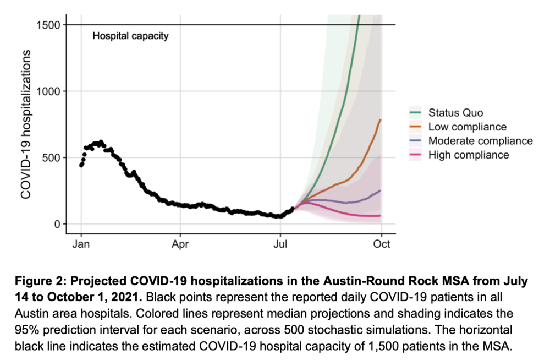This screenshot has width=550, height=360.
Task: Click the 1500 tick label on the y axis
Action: tap(48, 25)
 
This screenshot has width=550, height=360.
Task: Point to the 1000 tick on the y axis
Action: tap(48, 91)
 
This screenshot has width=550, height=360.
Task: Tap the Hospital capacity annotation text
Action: tap(130, 37)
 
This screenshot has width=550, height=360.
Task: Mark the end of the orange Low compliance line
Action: tap(381, 119)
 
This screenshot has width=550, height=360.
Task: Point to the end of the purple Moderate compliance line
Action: tap(381, 190)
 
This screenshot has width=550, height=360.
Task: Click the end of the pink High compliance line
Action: tap(381, 216)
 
